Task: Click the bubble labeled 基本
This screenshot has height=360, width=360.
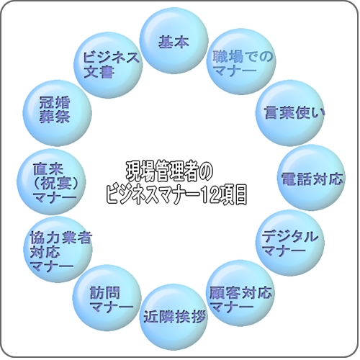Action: point(174,41)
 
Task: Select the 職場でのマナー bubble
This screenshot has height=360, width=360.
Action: point(241,61)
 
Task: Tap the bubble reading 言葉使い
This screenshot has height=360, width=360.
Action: point(290,113)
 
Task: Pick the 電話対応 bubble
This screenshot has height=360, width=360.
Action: point(312,178)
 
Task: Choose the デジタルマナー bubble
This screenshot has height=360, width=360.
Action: point(290,243)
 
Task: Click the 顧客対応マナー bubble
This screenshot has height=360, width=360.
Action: point(240,293)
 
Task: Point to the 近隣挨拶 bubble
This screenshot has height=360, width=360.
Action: point(174,317)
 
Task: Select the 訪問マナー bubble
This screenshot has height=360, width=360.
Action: point(107,297)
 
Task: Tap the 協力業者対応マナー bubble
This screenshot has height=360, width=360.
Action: point(58,249)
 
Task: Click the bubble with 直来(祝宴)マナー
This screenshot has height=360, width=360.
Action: point(51,181)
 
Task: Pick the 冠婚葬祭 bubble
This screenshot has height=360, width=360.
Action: point(57,113)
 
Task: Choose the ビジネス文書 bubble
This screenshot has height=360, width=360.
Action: point(108,65)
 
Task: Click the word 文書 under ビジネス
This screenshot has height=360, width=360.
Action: point(99,71)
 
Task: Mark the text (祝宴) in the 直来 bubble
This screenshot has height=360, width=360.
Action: point(56,184)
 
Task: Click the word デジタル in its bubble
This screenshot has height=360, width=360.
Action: point(290,237)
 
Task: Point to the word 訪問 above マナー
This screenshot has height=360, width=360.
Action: point(105,293)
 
